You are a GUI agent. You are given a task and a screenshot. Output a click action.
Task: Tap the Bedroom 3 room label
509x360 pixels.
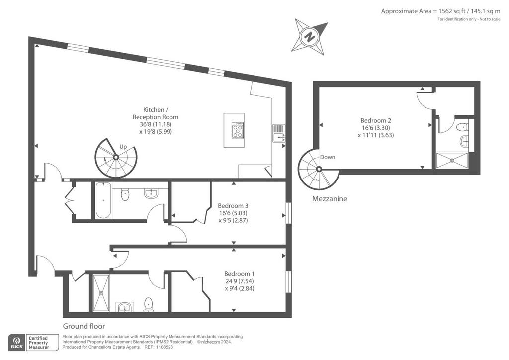pyautogui.click(x=233, y=206)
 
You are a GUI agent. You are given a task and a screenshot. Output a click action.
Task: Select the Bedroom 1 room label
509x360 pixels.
pyautogui.click(x=240, y=274)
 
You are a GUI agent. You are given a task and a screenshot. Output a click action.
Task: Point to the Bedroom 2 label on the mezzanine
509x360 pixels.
pyautogui.click(x=376, y=120)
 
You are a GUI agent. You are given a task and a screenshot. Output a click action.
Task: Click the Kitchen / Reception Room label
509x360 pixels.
pyautogui.click(x=156, y=113)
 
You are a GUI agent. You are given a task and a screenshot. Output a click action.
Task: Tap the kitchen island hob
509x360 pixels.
pyautogui.click(x=238, y=130)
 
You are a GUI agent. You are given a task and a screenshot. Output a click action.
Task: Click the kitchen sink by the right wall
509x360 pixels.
pyautogui.click(x=279, y=133)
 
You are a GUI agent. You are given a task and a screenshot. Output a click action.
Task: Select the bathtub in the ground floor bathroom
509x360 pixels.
pyautogui.click(x=103, y=200)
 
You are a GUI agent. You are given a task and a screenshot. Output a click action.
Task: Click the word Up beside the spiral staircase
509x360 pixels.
pyautogui.click(x=123, y=147)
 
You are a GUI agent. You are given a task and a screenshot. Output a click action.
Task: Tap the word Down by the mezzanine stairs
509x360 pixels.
pyautogui.click(x=328, y=157)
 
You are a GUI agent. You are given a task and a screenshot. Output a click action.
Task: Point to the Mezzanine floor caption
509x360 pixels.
pyautogui.click(x=330, y=199)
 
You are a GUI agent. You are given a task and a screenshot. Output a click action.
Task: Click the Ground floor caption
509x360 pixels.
pyautogui.click(x=84, y=326)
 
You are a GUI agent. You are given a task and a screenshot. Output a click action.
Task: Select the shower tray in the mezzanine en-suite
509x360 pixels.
pyautogui.click(x=452, y=161)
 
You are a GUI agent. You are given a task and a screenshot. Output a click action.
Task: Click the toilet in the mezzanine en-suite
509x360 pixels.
pyautogui.click(x=462, y=127)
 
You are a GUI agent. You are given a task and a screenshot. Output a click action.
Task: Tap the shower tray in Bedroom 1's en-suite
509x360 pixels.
pyautogui.click(x=101, y=293)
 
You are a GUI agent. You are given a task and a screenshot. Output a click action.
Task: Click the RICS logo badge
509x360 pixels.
pyautogui.click(x=17, y=343)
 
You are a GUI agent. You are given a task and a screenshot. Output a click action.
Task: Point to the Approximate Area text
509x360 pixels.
pyautogui.click(x=440, y=11)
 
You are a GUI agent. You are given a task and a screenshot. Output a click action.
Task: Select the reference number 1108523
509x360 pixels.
pyautogui.click(x=164, y=347)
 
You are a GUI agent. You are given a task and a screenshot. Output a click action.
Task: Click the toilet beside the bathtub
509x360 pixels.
pyautogui.click(x=125, y=195)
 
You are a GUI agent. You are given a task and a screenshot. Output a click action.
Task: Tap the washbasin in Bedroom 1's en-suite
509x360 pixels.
pyautogui.click(x=125, y=306)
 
